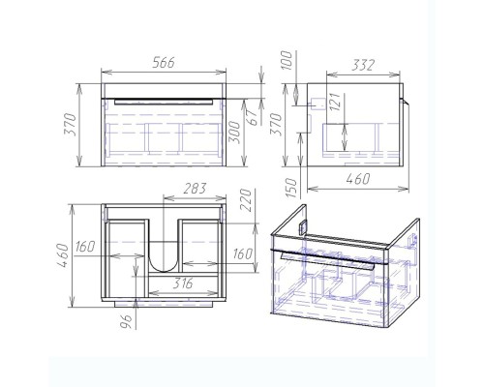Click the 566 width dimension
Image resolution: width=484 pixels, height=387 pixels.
pyautogui.click(x=164, y=62)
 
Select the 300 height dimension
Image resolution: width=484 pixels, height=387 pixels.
pyautogui.click(x=235, y=134)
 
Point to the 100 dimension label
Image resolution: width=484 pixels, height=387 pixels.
pyautogui.click(x=287, y=60)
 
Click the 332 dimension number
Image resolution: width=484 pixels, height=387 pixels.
pyautogui.click(x=363, y=65)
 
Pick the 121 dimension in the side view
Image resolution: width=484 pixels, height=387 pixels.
pyautogui.click(x=335, y=102)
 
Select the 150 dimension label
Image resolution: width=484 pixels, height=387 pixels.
pyautogui.click(x=290, y=188)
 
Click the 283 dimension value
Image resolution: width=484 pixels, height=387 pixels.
pyautogui.click(x=195, y=189)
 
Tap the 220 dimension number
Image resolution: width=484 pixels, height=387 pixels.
pyautogui.click(x=246, y=200)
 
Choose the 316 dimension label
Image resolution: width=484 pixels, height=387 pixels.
pyautogui.click(x=182, y=283)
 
